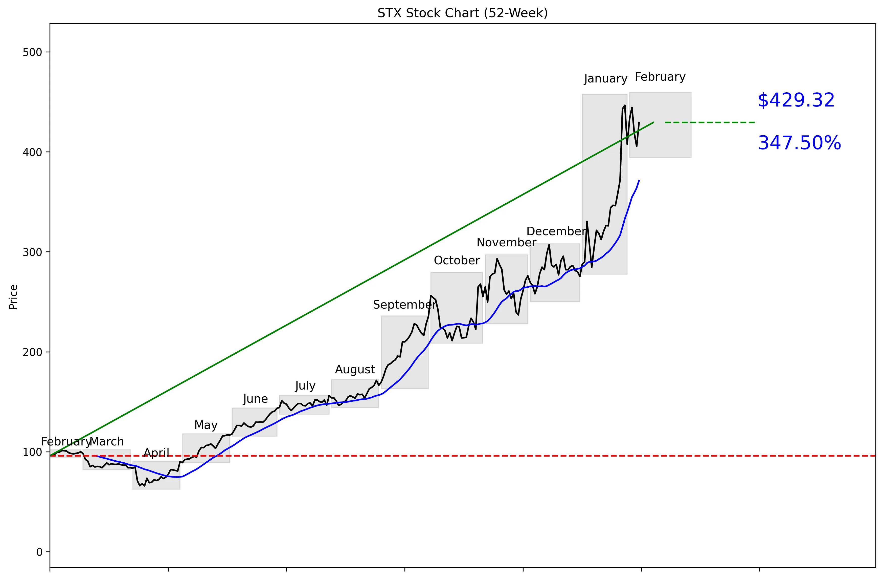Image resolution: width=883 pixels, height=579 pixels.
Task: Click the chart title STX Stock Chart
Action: click(x=462, y=13)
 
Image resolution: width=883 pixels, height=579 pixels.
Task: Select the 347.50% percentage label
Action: click(x=799, y=143)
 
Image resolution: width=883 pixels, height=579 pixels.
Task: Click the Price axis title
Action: click(x=13, y=297)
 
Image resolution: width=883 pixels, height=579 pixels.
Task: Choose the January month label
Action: click(x=605, y=79)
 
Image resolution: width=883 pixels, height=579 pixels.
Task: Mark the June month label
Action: click(x=255, y=399)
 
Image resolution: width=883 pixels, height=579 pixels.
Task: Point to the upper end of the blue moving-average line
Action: click(x=639, y=181)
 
